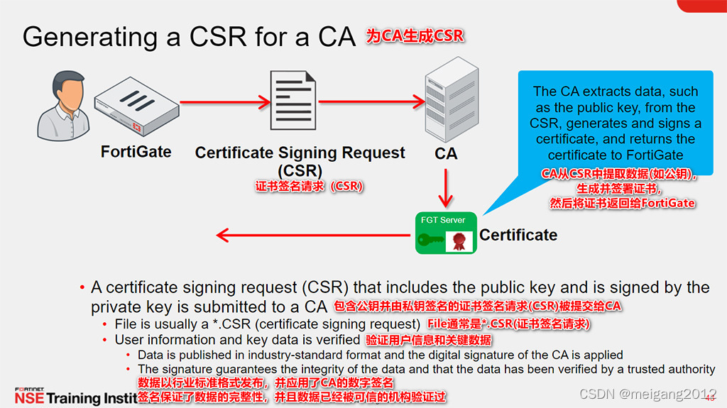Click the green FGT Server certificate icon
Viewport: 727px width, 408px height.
446,233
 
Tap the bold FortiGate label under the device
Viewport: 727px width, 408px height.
136,151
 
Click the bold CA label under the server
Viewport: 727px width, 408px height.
445,153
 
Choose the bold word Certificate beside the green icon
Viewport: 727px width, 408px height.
518,235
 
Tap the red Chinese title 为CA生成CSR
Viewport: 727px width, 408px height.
415,35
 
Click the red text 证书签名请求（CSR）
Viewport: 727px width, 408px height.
310,187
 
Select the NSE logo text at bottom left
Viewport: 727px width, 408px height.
28,398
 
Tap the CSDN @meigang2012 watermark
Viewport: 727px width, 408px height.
647,394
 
